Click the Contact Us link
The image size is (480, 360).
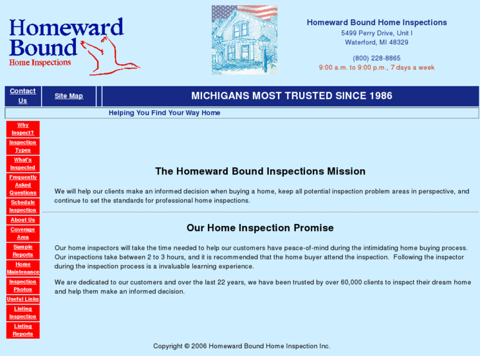22,96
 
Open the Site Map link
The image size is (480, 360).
69,96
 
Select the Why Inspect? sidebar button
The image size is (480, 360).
23,129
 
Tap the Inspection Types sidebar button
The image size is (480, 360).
23,146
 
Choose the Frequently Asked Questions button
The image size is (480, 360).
23,185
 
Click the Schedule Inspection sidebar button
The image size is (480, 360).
23,206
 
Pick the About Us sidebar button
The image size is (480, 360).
23,220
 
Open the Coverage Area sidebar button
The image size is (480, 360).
23,233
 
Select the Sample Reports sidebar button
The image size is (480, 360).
23,250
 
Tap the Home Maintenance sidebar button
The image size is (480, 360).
23,268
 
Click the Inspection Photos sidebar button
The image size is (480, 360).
23,285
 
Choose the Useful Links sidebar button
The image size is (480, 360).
23,299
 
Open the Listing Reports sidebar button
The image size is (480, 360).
23,330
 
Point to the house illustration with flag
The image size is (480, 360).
244,40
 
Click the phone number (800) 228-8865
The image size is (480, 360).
376,58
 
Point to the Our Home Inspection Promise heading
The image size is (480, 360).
260,228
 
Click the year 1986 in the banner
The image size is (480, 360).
379,96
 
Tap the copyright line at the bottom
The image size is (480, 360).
242,346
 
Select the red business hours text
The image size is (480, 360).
376,67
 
